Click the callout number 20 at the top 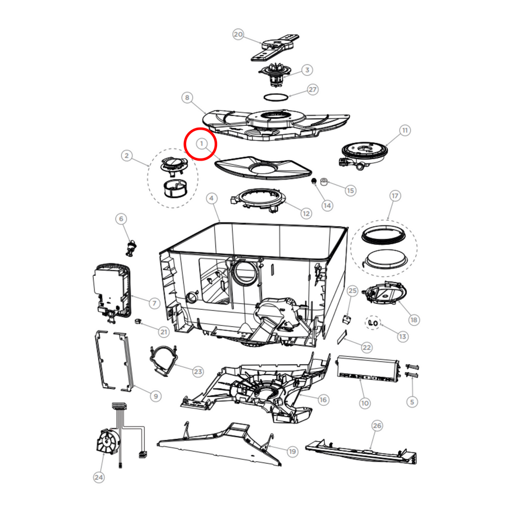238,34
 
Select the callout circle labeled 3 307,70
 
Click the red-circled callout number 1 201,144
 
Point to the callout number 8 187,98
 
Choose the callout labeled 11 404,130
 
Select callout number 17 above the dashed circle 394,195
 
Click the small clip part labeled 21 138,322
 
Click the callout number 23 197,372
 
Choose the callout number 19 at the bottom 292,451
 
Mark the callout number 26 377,426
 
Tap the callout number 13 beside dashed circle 403,336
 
